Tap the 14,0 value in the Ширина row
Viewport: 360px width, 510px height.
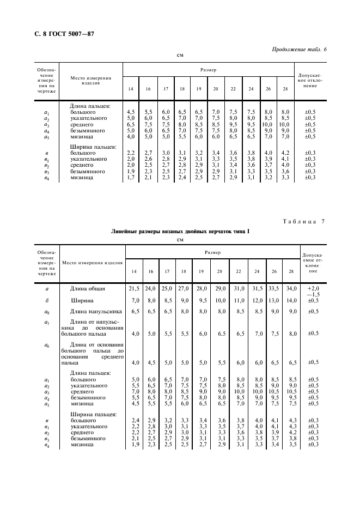[x=293, y=300]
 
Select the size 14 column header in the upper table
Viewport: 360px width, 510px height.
[x=131, y=89]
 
